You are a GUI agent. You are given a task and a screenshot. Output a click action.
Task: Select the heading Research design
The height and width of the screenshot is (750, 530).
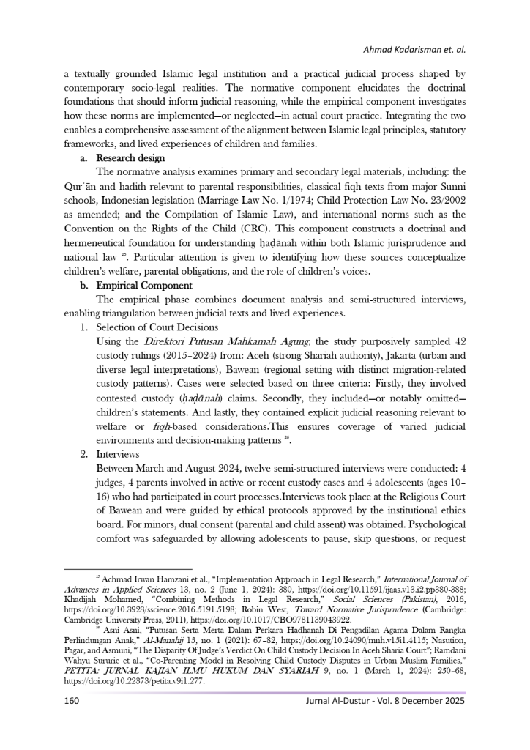tap(130, 158)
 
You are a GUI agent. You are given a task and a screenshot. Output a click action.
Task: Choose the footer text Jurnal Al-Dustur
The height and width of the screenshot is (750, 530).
tap(340, 700)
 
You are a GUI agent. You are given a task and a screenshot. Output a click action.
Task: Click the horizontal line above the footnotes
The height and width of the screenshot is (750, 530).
tap(128, 569)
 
